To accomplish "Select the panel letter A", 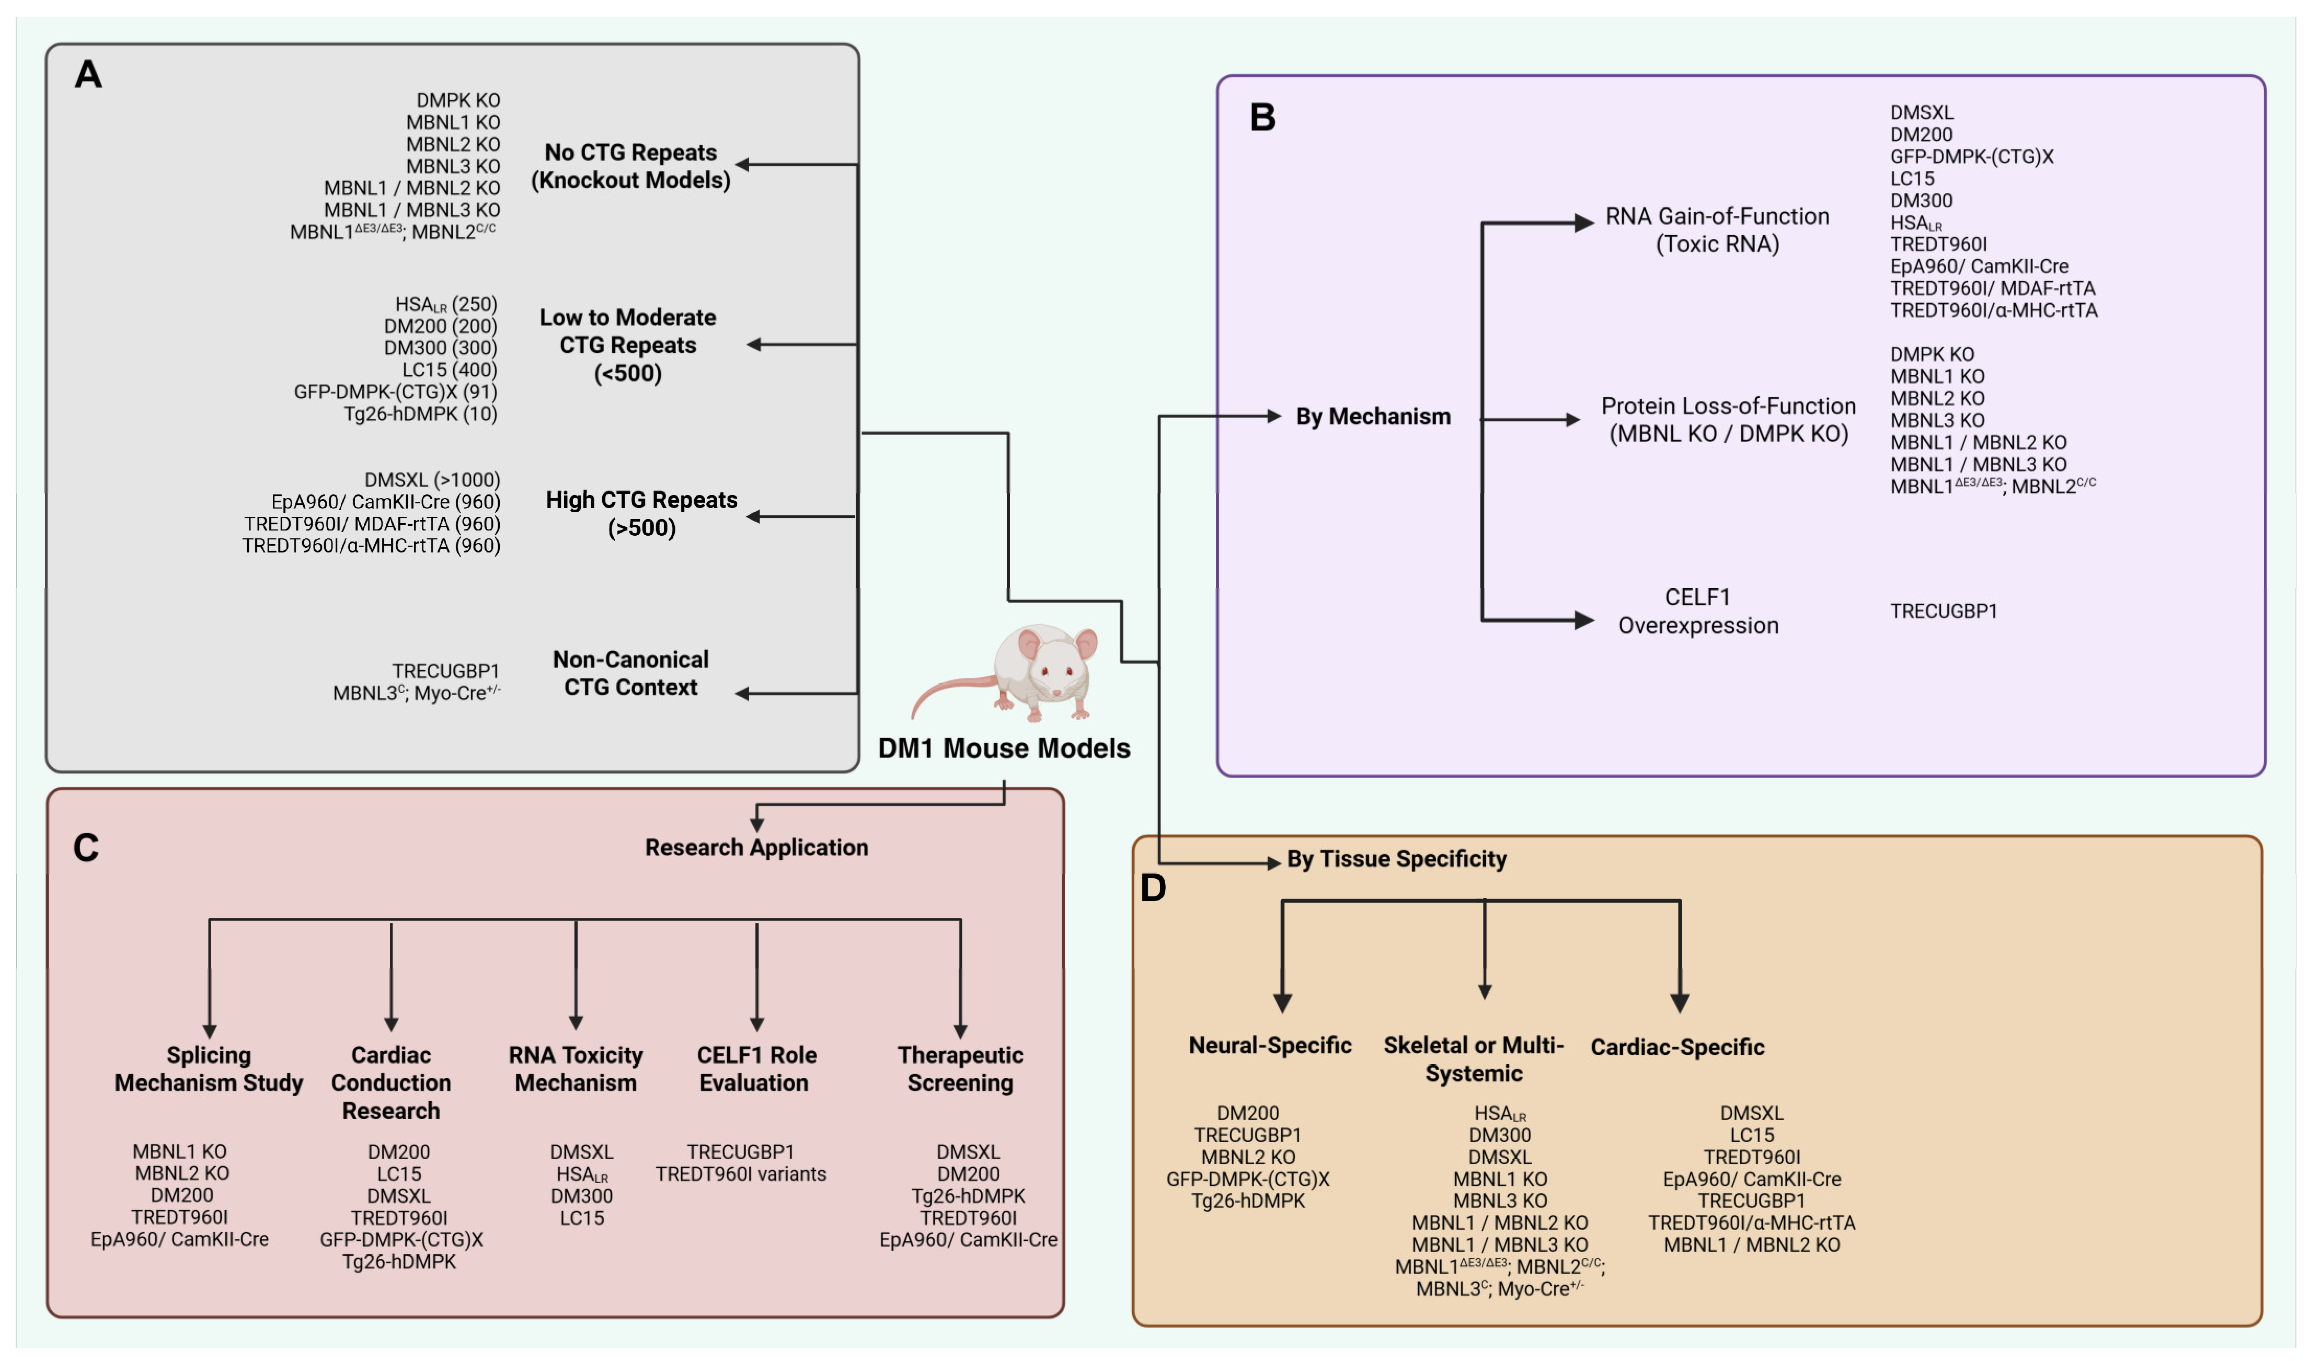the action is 88,74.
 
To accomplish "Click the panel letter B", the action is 1263,118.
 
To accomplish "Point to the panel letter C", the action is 86,848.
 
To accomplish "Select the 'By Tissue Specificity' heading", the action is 1397,859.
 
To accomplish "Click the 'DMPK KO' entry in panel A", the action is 458,100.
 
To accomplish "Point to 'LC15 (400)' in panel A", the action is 450,370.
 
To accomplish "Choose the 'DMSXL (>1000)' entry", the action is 433,480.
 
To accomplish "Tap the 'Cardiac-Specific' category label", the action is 1677,1047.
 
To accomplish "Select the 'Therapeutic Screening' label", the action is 960,1069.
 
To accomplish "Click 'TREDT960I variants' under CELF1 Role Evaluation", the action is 741,1175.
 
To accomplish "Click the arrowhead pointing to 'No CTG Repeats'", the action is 743,165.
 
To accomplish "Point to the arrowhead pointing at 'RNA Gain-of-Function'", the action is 1584,223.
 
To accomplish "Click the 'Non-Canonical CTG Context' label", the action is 631,674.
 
